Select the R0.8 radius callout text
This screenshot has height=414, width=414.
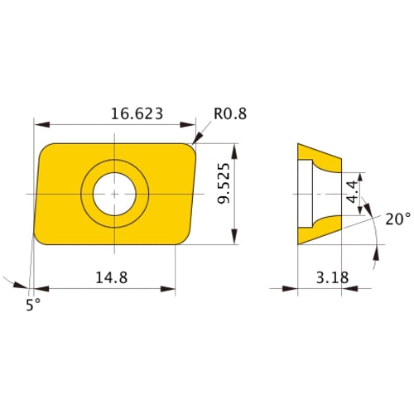229,113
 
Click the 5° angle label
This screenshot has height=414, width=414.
31,304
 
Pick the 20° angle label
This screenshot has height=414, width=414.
397,219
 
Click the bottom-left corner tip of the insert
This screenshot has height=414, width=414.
36,242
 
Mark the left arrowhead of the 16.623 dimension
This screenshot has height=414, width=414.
39,123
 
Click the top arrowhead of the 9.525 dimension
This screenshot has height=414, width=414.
237,148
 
